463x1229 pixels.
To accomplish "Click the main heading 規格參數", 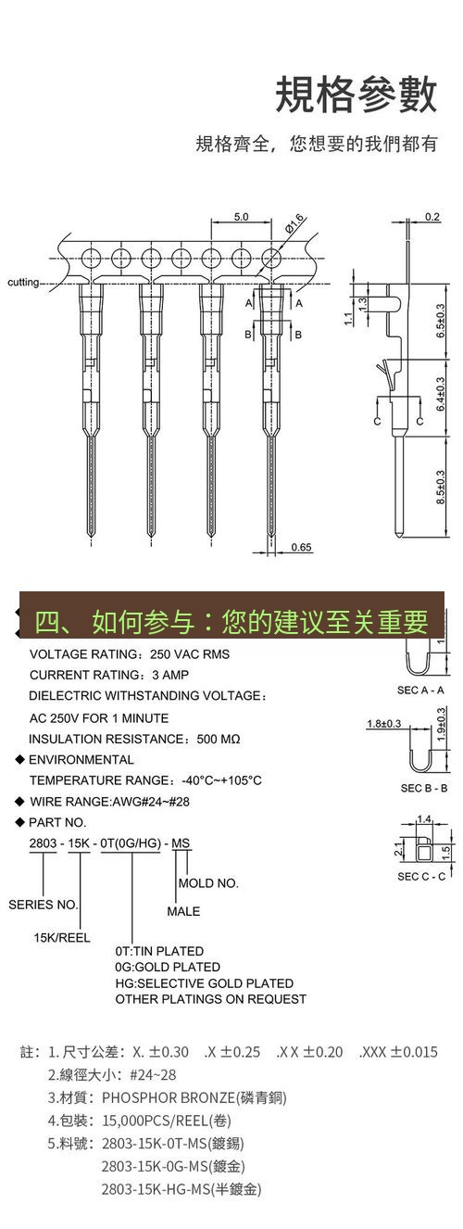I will [x=356, y=95].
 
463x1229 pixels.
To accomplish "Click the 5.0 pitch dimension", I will [x=240, y=217].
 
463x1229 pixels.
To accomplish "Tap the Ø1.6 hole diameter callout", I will [x=295, y=222].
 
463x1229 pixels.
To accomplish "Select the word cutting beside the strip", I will [x=23, y=282].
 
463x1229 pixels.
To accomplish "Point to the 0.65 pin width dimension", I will [x=301, y=547].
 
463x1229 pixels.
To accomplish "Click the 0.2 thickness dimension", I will [x=432, y=217].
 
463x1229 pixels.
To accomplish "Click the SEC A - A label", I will [x=421, y=690].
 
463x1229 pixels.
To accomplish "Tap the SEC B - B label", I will [x=424, y=788].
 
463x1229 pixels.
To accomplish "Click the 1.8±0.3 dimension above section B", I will [x=383, y=724].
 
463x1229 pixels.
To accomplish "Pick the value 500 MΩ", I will [x=219, y=739].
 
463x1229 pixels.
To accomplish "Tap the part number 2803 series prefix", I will [x=43, y=843].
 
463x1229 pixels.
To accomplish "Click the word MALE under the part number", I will [x=183, y=911].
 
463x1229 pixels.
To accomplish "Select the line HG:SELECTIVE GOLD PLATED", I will [x=204, y=982].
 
